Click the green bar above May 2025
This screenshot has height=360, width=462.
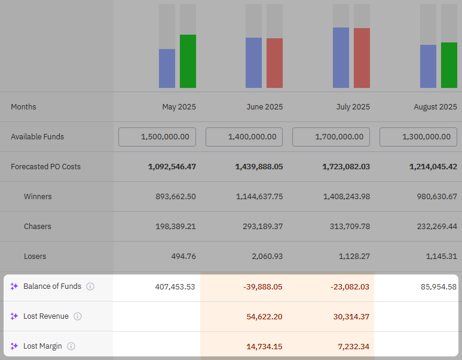pyautogui.click(x=188, y=61)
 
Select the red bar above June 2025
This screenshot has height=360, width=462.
pyautogui.click(x=274, y=63)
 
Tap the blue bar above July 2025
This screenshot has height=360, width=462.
pyautogui.click(x=341, y=57)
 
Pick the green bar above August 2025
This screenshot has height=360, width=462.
pyautogui.click(x=449, y=65)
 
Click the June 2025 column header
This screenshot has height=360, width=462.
pyautogui.click(x=264, y=107)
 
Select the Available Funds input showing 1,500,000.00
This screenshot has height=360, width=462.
pyautogui.click(x=157, y=137)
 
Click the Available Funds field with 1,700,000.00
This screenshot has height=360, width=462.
pyautogui.click(x=331, y=137)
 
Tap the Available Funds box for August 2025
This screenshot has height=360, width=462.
pyautogui.click(x=418, y=137)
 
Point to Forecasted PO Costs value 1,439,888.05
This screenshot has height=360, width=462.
pyautogui.click(x=259, y=167)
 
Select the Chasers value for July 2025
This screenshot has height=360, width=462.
pyautogui.click(x=346, y=227)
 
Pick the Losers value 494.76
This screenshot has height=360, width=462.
pyautogui.click(x=183, y=257)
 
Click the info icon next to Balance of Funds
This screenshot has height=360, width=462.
pyautogui.click(x=90, y=286)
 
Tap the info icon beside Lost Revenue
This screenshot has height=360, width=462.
pyautogui.click(x=78, y=316)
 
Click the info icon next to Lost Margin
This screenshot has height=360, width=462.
pyautogui.click(x=71, y=346)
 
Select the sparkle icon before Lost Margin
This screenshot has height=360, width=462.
pyautogui.click(x=14, y=346)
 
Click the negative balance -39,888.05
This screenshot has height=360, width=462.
pyautogui.click(x=262, y=286)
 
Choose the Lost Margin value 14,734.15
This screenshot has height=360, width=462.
pyautogui.click(x=264, y=346)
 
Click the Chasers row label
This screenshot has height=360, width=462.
pyautogui.click(x=37, y=227)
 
